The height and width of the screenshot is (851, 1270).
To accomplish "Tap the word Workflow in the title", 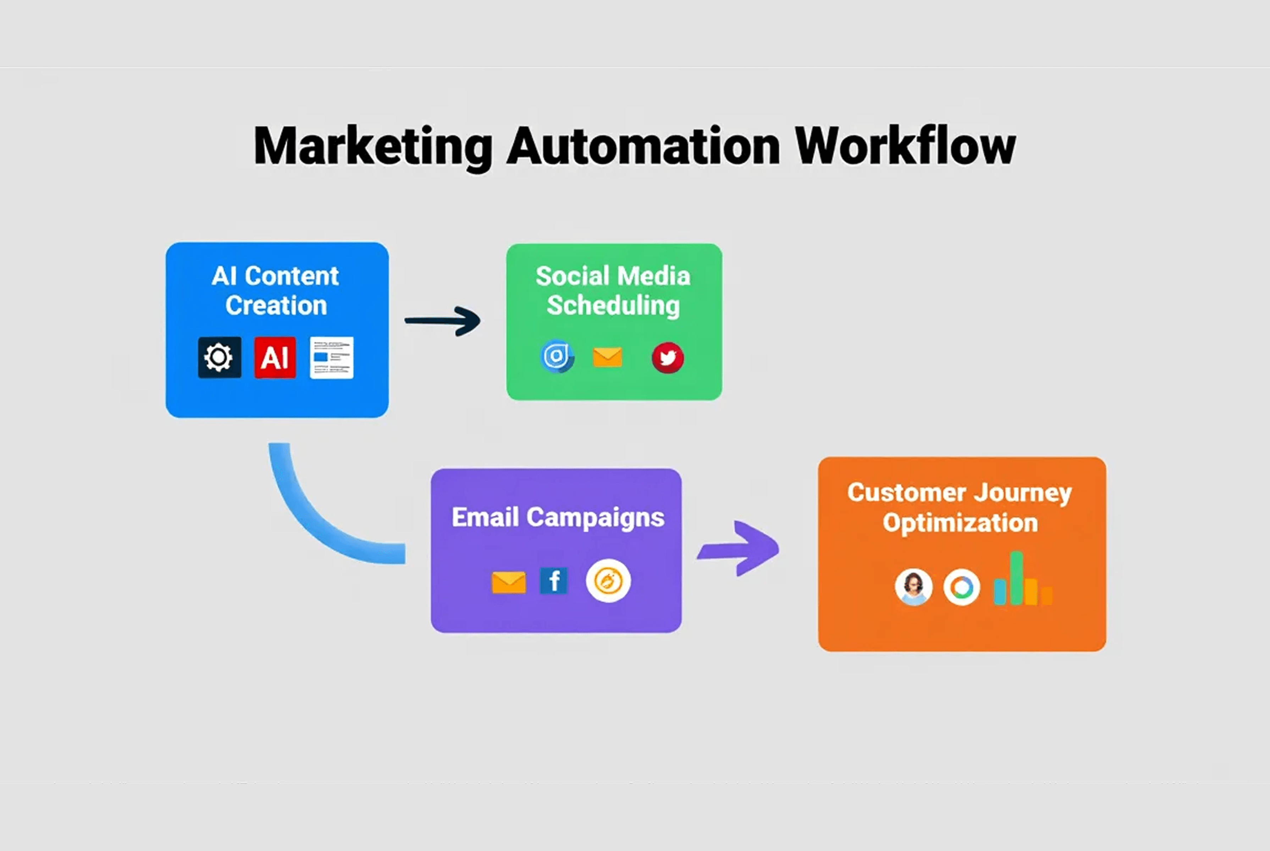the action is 905,146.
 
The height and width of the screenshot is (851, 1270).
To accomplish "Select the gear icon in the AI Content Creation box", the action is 219,358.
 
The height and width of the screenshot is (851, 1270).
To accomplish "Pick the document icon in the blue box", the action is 331,358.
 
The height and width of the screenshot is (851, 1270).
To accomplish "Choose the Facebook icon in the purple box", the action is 554,581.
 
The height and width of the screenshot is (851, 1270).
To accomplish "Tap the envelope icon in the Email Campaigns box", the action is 508,582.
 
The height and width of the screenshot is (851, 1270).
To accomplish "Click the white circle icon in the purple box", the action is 608,581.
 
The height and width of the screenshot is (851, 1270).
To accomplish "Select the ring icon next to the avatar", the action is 962,587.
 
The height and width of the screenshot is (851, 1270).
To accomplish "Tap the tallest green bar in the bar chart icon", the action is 1016,578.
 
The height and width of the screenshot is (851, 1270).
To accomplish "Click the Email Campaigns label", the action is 558,517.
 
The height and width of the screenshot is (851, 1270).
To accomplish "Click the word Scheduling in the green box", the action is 613,306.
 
